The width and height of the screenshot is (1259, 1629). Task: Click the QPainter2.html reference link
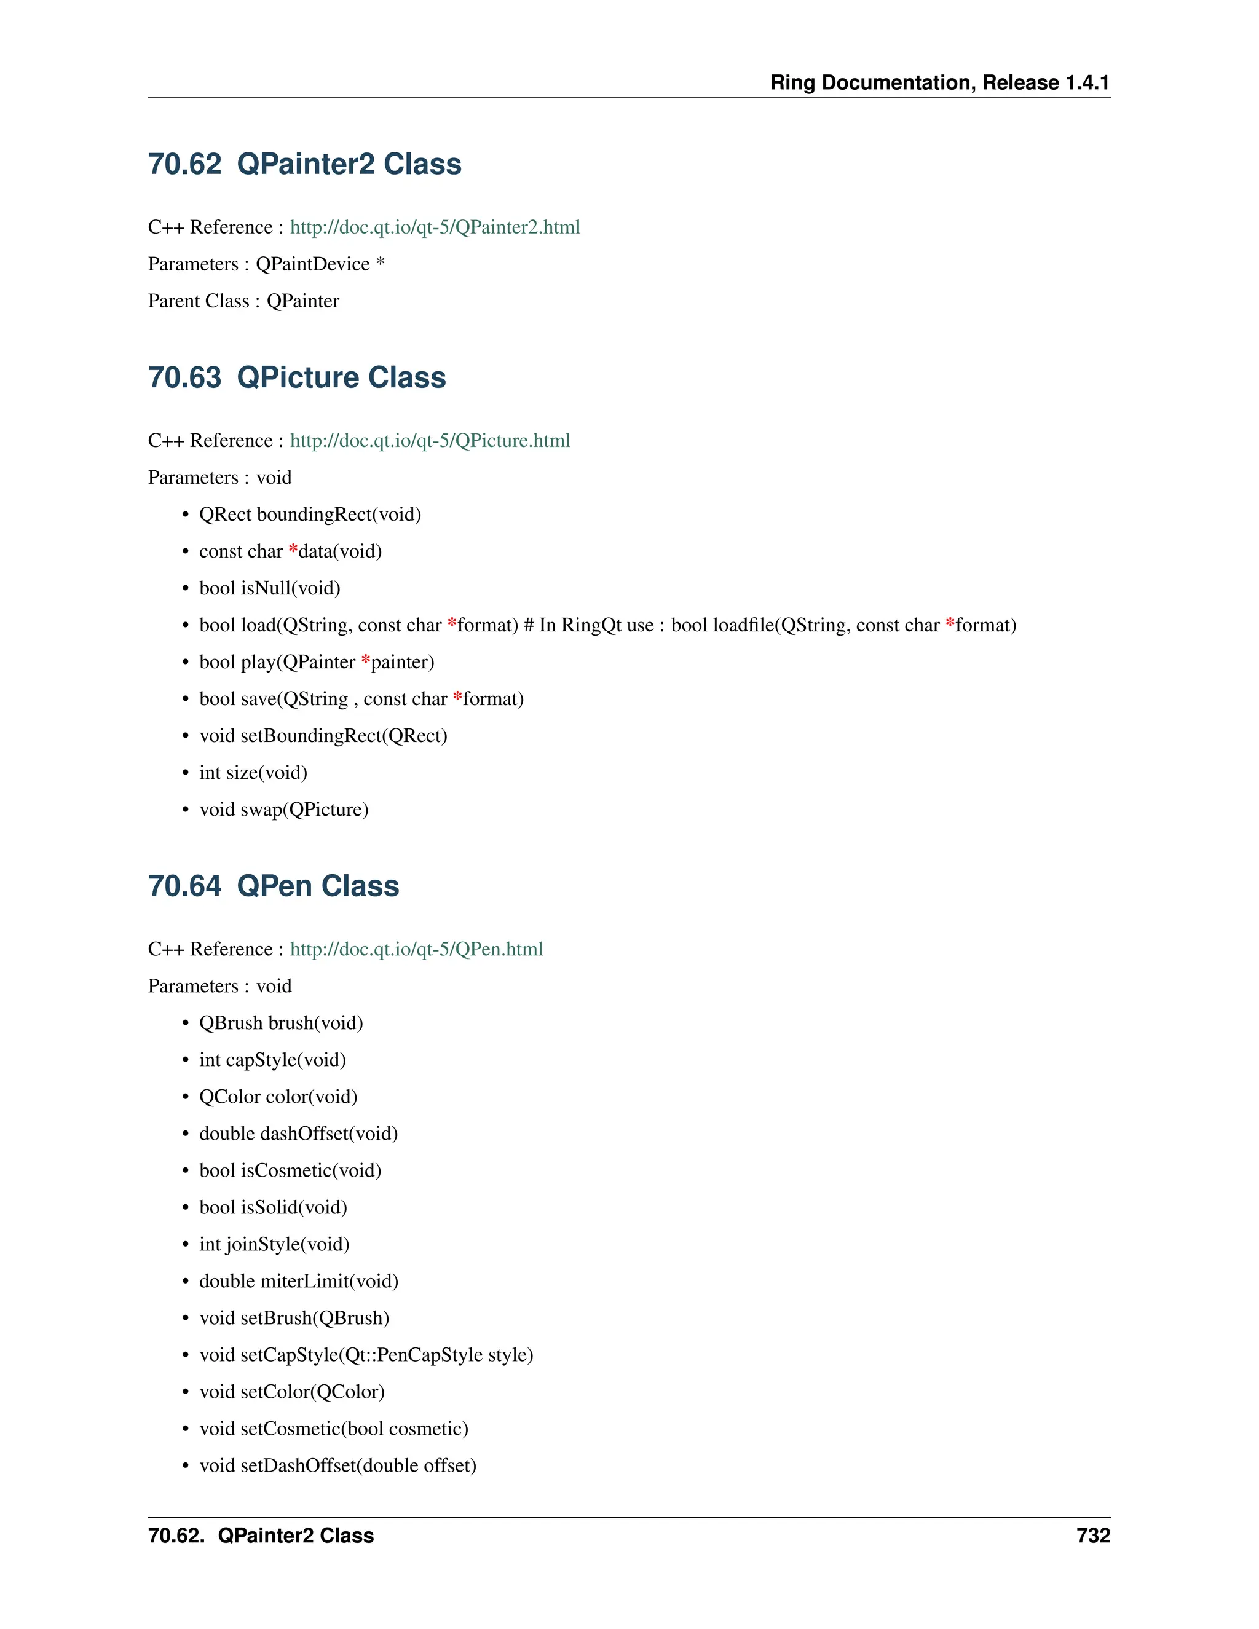coord(435,227)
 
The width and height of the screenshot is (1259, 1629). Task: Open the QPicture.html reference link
coord(430,440)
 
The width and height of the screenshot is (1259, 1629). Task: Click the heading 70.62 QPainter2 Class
coord(304,164)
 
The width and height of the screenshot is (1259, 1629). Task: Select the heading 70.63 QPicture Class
coord(297,377)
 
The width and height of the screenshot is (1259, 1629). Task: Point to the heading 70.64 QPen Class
coord(274,886)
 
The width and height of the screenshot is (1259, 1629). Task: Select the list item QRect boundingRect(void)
coord(310,515)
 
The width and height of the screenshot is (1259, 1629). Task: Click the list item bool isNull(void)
coord(269,588)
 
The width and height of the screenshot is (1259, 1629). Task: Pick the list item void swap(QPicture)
coord(283,810)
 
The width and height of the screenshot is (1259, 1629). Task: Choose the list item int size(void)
coord(253,773)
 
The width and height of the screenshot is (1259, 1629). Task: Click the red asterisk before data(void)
coord(293,550)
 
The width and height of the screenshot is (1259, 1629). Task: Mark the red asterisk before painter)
coord(366,661)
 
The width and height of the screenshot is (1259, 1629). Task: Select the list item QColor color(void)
coord(278,1097)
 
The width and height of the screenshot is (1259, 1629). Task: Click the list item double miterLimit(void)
coord(298,1282)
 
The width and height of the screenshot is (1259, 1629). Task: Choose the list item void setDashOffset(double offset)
coord(337,1465)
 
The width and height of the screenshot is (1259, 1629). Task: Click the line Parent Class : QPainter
coord(243,301)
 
